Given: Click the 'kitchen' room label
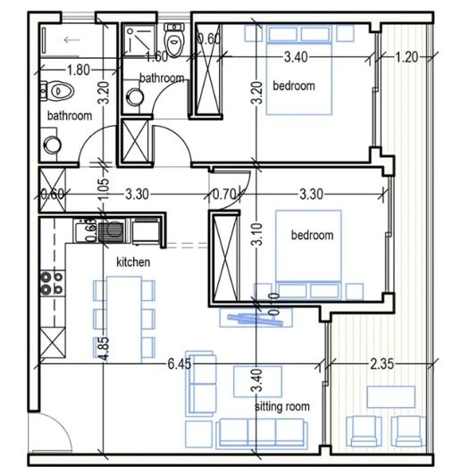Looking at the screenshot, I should point(133,263).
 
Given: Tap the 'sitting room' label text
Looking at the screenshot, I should point(282,406).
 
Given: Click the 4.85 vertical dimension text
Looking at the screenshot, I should point(105,348).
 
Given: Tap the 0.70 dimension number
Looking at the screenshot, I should point(223,193).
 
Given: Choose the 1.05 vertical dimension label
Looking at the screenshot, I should point(104,188).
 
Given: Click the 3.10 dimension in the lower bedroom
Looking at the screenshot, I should point(257,235).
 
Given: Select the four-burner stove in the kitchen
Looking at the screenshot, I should point(50,283).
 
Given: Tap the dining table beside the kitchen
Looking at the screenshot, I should point(122,316).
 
